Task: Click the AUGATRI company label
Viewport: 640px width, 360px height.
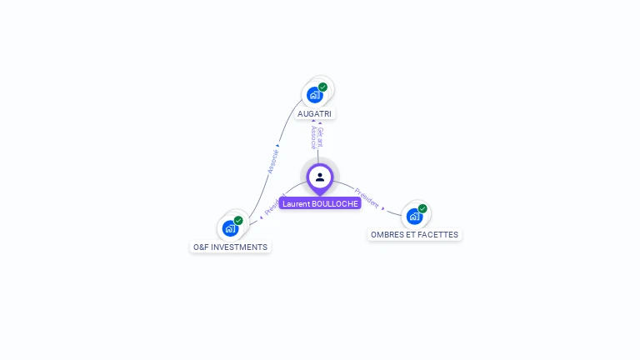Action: [314, 113]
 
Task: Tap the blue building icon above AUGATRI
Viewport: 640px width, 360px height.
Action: [314, 95]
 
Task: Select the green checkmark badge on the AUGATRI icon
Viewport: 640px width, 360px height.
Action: [322, 87]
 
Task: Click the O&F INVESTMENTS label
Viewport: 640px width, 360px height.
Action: [230, 247]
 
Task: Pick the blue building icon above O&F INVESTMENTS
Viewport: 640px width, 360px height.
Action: [230, 228]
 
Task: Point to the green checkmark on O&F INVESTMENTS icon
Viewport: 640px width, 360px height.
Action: [238, 220]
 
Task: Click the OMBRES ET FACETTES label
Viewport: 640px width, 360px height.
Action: [414, 235]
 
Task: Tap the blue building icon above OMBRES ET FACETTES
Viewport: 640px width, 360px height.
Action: [414, 216]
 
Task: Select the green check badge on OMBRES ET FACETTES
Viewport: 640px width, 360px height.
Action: [422, 208]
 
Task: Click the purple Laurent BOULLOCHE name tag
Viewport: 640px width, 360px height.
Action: [320, 203]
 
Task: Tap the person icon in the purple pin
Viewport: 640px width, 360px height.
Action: [320, 177]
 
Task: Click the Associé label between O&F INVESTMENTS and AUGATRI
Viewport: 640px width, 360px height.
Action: [272, 161]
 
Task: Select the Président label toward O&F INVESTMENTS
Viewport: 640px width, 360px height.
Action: [274, 205]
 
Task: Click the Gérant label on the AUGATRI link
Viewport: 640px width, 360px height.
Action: [320, 137]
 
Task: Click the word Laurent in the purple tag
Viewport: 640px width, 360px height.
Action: [295, 203]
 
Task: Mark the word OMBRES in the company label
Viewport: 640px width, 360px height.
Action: [386, 235]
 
